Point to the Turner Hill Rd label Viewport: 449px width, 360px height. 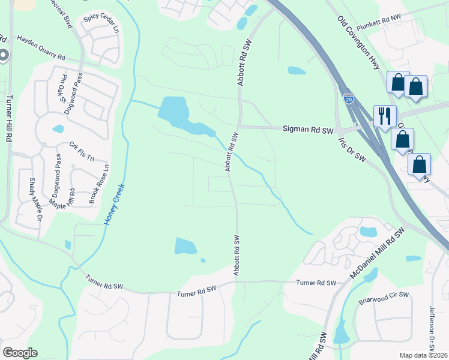(9, 121)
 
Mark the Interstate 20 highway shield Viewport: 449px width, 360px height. (349, 98)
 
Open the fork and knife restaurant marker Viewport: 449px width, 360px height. (385, 115)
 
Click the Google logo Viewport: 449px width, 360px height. (20, 353)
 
